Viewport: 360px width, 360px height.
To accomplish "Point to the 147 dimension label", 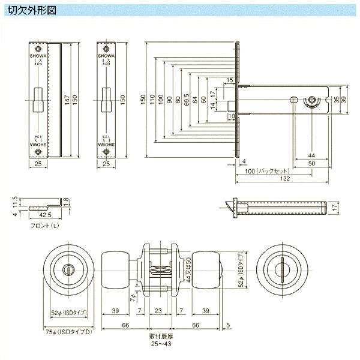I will [x=68, y=99].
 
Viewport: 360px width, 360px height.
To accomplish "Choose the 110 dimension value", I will [x=152, y=99].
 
